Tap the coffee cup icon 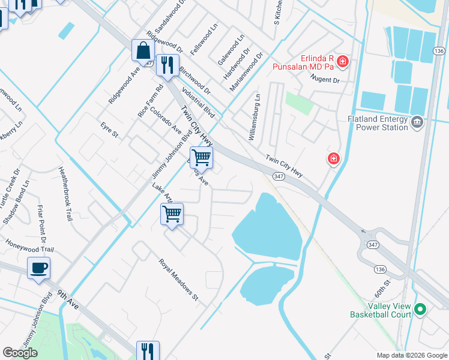coord(39,268)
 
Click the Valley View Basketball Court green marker coord(420,310)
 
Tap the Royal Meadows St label coord(178,279)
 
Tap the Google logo coord(20,353)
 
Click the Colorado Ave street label coord(166,121)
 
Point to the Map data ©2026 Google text coord(412,355)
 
